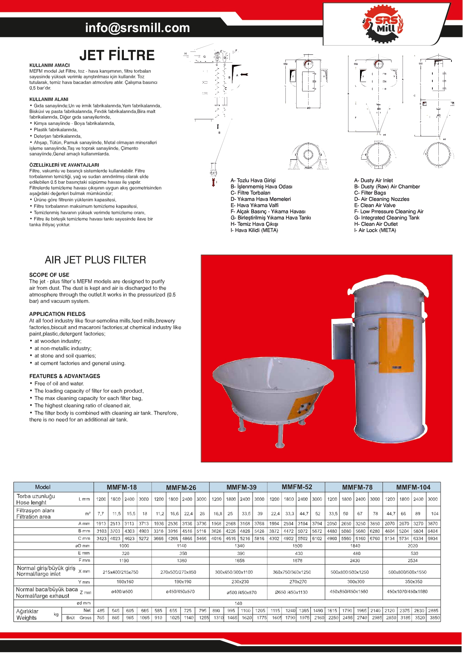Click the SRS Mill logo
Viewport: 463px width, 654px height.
tap(382, 24)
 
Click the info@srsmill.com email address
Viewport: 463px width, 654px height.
tap(137, 28)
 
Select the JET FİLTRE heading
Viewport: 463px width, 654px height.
tap(117, 56)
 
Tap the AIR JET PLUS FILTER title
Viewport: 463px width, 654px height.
tap(96, 260)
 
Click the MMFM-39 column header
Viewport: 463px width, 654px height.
tap(241, 487)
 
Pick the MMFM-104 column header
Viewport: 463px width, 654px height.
tap(413, 487)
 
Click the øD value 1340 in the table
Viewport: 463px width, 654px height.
tap(240, 546)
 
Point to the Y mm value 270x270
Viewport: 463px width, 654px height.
tap(298, 582)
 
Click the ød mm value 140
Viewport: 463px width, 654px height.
tap(238, 603)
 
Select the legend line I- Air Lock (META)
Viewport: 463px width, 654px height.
tap(375, 230)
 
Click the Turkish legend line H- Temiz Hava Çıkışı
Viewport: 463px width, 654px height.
tap(254, 224)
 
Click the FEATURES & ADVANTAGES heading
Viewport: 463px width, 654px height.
tap(65, 376)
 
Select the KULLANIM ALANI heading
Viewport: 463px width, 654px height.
tap(49, 100)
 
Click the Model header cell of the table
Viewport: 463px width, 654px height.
tap(43, 487)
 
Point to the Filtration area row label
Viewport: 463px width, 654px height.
tap(34, 517)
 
